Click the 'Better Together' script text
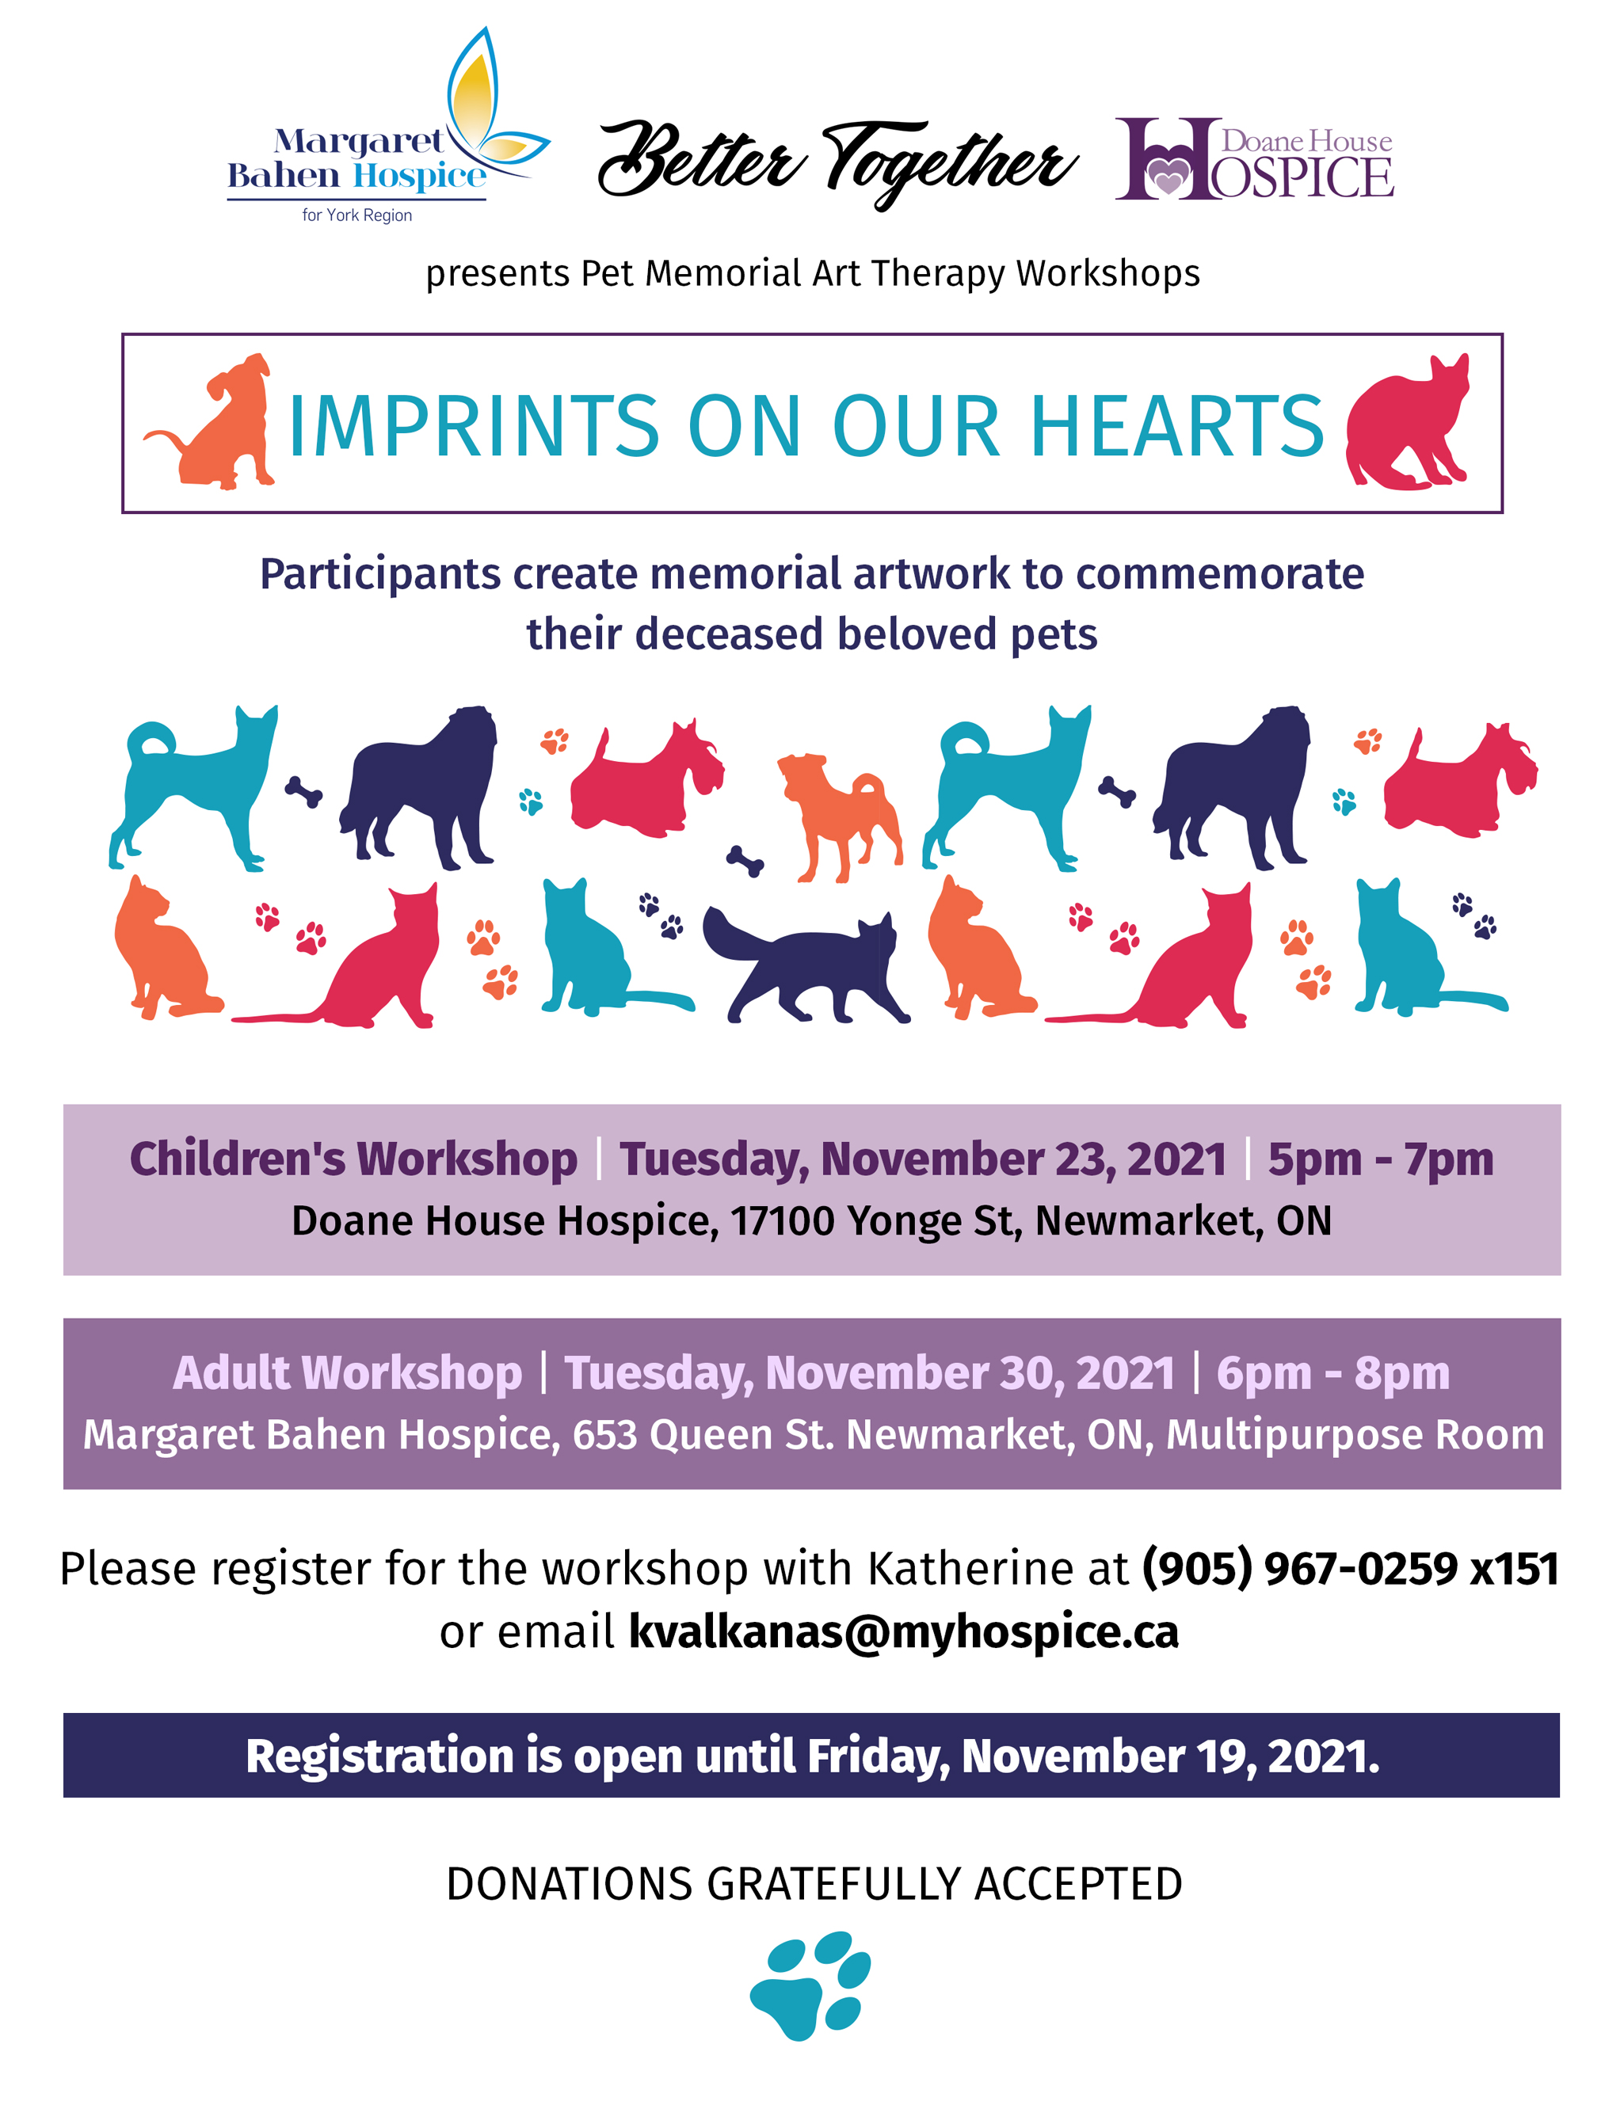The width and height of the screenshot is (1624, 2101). click(x=837, y=162)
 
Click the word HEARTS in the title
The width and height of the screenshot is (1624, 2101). click(x=1177, y=426)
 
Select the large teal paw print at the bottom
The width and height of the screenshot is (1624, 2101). click(x=810, y=1985)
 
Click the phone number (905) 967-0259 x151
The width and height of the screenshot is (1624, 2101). click(x=1350, y=1569)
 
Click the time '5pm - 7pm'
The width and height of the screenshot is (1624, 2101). click(x=1381, y=1159)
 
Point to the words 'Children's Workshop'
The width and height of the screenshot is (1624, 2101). click(x=353, y=1159)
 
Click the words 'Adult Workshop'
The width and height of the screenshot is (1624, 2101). click(x=347, y=1374)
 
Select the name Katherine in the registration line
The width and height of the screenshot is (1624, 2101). click(x=970, y=1569)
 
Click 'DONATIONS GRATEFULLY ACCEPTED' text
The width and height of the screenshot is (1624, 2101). click(x=814, y=1885)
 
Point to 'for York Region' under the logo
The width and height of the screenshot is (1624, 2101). click(x=357, y=215)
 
